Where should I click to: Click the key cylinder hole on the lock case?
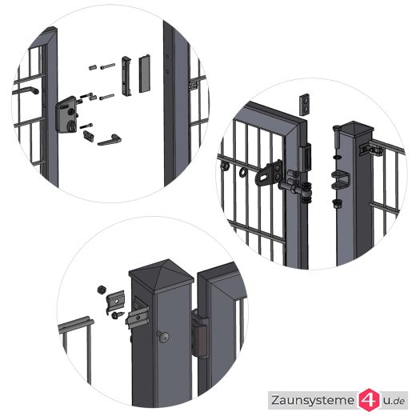point(72,125)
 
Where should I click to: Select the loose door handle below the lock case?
point(109,140)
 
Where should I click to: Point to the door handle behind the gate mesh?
point(26,90)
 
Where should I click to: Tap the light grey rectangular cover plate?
point(144,74)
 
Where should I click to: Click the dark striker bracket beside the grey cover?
point(126,76)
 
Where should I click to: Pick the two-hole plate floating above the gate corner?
point(304,104)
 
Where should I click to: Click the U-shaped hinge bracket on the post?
point(341,179)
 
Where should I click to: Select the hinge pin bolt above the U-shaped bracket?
point(336,138)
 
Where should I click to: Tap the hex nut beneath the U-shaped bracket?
point(338,204)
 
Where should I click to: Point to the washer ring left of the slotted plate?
point(243,172)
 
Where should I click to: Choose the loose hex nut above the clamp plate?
point(101,290)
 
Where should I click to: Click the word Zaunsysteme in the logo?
point(313,401)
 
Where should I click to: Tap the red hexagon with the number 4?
point(369,400)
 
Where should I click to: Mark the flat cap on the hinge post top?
point(358,127)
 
